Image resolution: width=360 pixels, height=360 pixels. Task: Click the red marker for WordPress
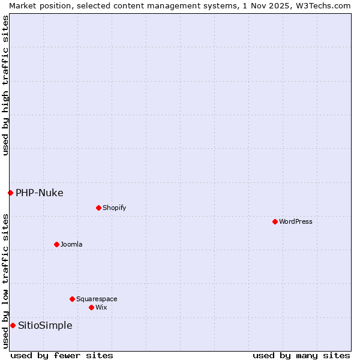275,221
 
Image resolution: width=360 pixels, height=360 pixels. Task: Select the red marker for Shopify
98,208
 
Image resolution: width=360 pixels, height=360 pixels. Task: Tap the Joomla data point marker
56,244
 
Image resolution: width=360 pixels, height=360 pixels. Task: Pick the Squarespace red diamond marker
72,299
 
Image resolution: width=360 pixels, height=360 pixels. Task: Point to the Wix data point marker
91,307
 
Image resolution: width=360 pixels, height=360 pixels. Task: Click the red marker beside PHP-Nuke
10,193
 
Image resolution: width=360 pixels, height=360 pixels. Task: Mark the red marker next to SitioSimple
13,325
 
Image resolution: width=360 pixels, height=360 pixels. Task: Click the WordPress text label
296,221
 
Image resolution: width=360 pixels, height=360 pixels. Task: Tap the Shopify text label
114,208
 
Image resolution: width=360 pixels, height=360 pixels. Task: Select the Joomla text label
71,244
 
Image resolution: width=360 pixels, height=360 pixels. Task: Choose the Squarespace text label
97,299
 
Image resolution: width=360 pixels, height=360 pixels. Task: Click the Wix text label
101,307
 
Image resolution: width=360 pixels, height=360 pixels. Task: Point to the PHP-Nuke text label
40,193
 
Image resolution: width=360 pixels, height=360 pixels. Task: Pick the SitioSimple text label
45,325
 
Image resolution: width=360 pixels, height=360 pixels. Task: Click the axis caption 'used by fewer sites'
62,355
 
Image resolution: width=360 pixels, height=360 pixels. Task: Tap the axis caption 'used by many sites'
301,355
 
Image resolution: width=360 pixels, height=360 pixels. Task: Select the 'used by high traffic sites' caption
5,85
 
